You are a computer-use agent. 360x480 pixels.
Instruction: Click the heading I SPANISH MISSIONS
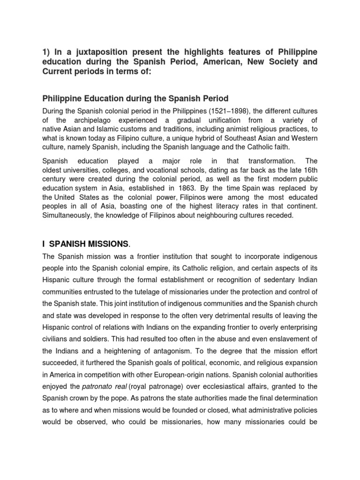(85, 243)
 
